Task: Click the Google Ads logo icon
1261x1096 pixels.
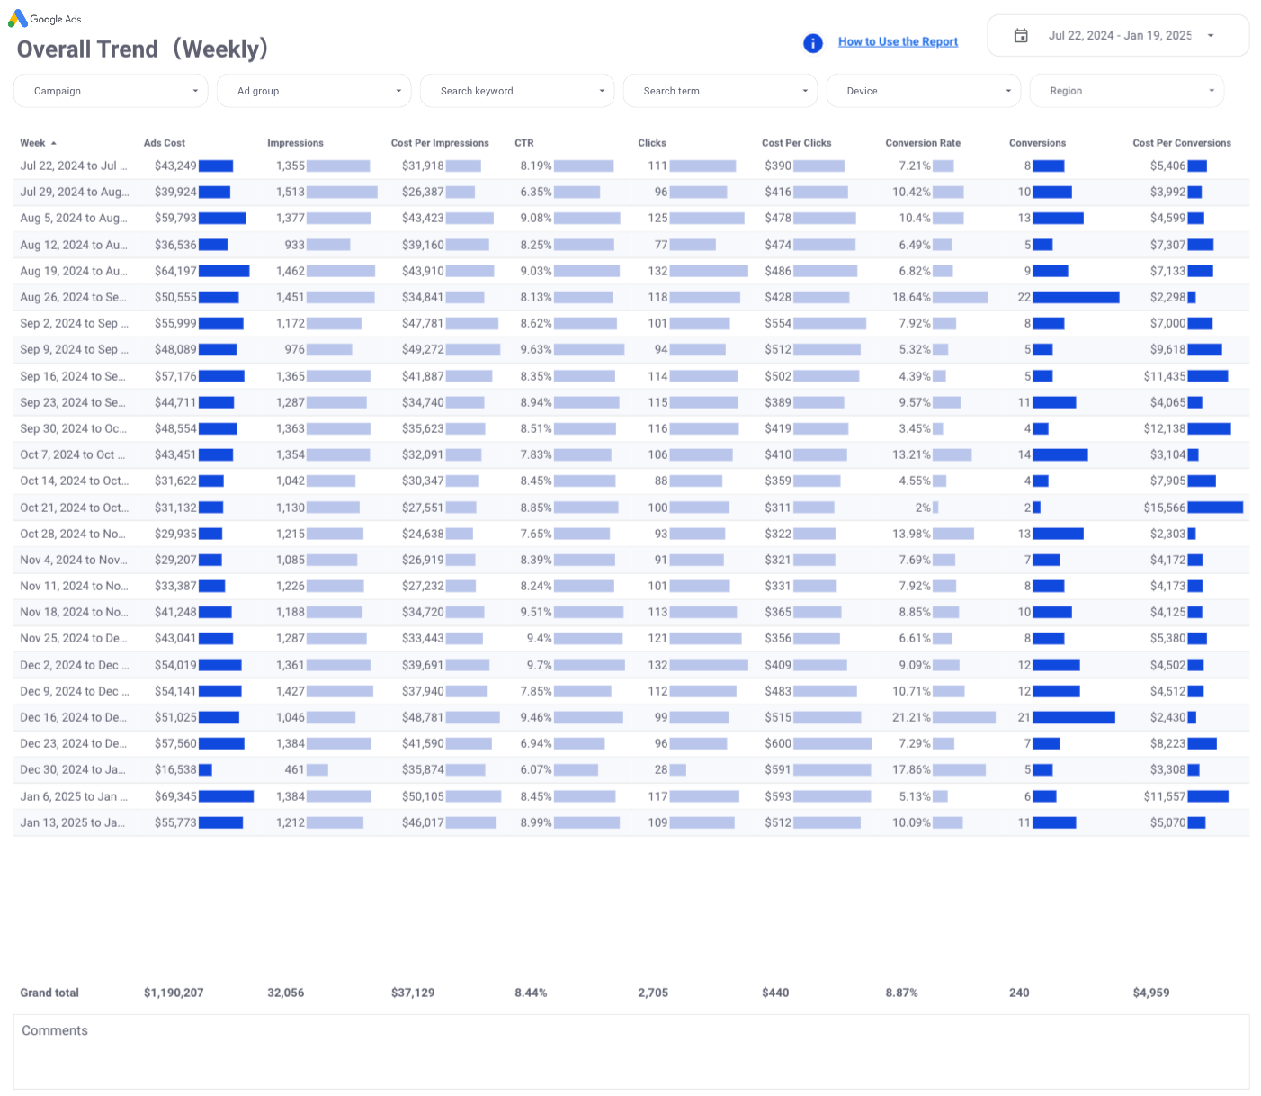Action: tap(18, 18)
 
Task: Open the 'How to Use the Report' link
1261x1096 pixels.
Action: tap(898, 41)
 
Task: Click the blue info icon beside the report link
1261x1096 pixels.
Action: tap(813, 43)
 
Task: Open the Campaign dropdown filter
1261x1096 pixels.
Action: tap(111, 91)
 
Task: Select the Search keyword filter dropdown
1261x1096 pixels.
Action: tap(517, 91)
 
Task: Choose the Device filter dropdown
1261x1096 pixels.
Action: tap(924, 91)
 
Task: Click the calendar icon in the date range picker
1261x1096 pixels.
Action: tap(1021, 36)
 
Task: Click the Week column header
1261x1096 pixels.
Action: tap(33, 143)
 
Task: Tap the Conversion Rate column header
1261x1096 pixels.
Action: tap(923, 143)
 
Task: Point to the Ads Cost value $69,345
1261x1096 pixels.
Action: tap(176, 796)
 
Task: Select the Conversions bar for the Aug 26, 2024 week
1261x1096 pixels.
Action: tap(1076, 297)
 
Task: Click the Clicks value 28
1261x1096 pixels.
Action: tap(661, 770)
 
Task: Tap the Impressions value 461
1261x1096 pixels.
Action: tap(295, 770)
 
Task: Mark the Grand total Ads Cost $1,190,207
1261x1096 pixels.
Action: tap(174, 993)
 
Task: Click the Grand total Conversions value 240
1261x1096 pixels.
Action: tap(1019, 993)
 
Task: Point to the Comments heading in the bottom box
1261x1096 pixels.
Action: tap(55, 1030)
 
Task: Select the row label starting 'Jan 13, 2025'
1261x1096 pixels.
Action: tap(73, 822)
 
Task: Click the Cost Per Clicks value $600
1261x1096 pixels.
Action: tap(778, 744)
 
